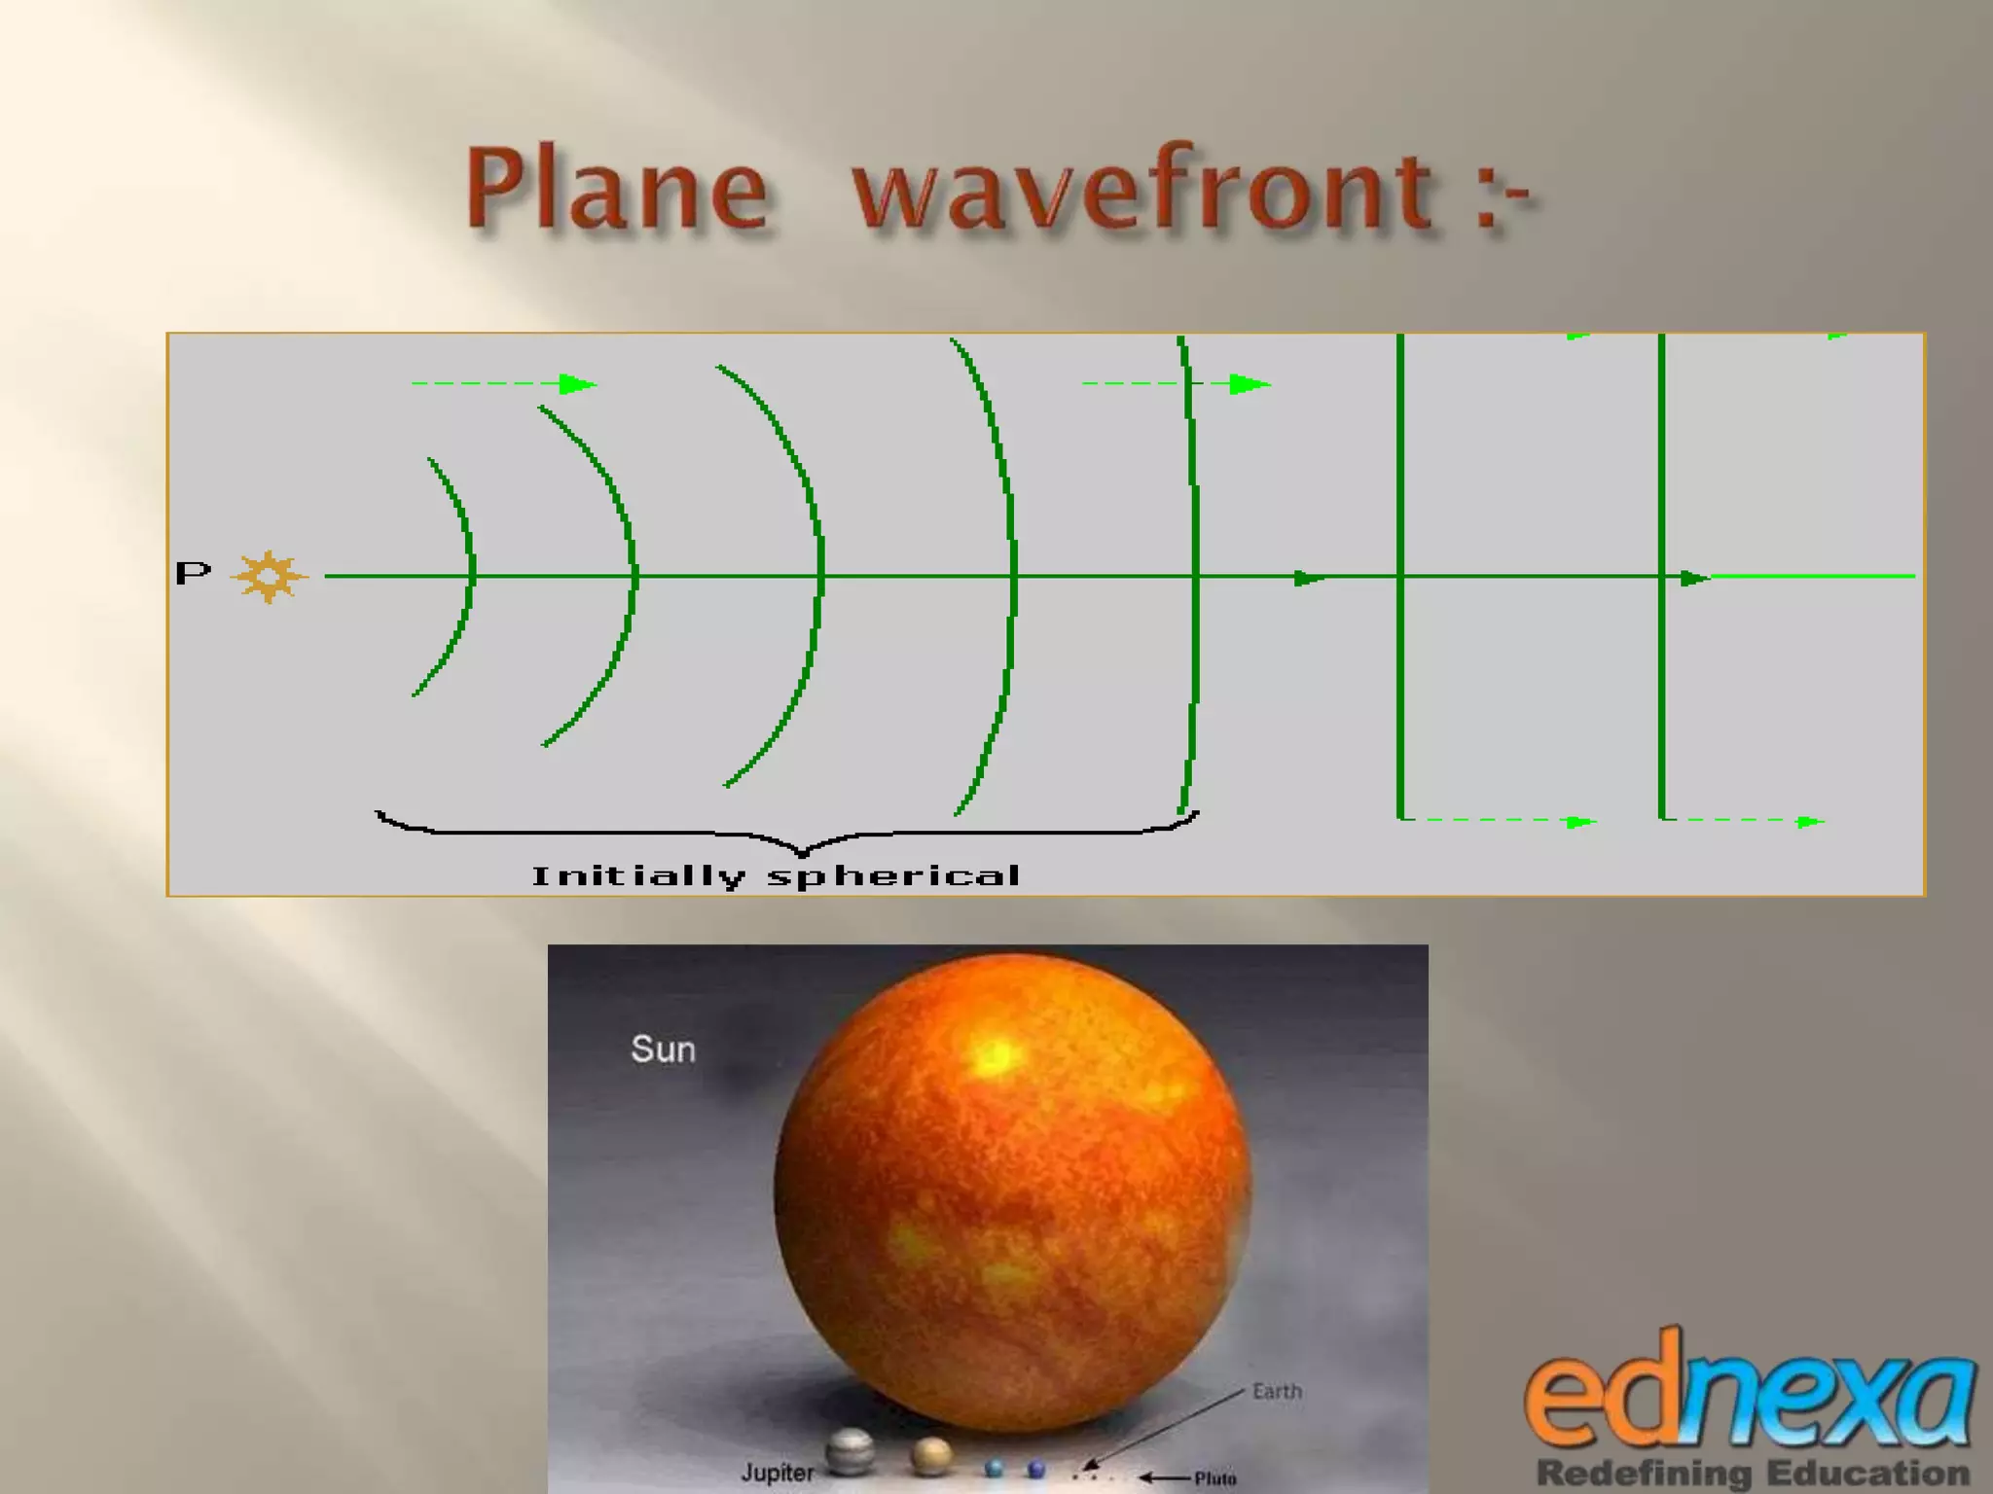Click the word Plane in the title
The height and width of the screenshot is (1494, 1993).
click(x=617, y=190)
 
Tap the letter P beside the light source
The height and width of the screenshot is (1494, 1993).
click(x=193, y=573)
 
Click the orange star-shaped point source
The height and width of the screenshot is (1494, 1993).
click(x=269, y=577)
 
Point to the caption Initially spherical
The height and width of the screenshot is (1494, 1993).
click(x=776, y=876)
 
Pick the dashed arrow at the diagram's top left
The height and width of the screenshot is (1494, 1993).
click(x=503, y=384)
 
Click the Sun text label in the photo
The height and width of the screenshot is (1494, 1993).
click(x=663, y=1049)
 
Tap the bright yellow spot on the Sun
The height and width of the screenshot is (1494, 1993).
click(x=996, y=1056)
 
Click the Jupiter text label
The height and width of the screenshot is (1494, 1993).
click(x=777, y=1473)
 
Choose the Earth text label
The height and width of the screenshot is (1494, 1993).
click(x=1277, y=1392)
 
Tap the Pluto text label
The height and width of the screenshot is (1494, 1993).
click(x=1215, y=1478)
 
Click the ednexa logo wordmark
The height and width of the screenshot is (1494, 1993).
click(x=1750, y=1397)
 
